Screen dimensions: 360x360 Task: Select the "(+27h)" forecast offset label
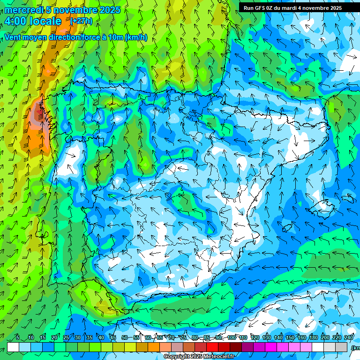tap(81, 21)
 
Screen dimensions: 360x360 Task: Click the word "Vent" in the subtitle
tap(14, 37)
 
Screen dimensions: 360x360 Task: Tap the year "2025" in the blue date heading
tap(109, 10)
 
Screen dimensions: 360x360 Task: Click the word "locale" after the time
tap(45, 21)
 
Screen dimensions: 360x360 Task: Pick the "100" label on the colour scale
tap(231, 337)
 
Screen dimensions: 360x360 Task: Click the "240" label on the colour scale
tap(348, 337)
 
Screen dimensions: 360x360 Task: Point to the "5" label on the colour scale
tap(17, 337)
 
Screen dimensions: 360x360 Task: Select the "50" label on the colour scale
tap(125, 337)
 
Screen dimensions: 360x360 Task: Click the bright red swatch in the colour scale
tap(212, 347)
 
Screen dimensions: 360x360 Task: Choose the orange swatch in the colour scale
tap(154, 347)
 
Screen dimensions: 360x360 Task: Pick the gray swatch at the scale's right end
tap(341, 347)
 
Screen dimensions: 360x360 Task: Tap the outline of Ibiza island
tap(287, 228)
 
